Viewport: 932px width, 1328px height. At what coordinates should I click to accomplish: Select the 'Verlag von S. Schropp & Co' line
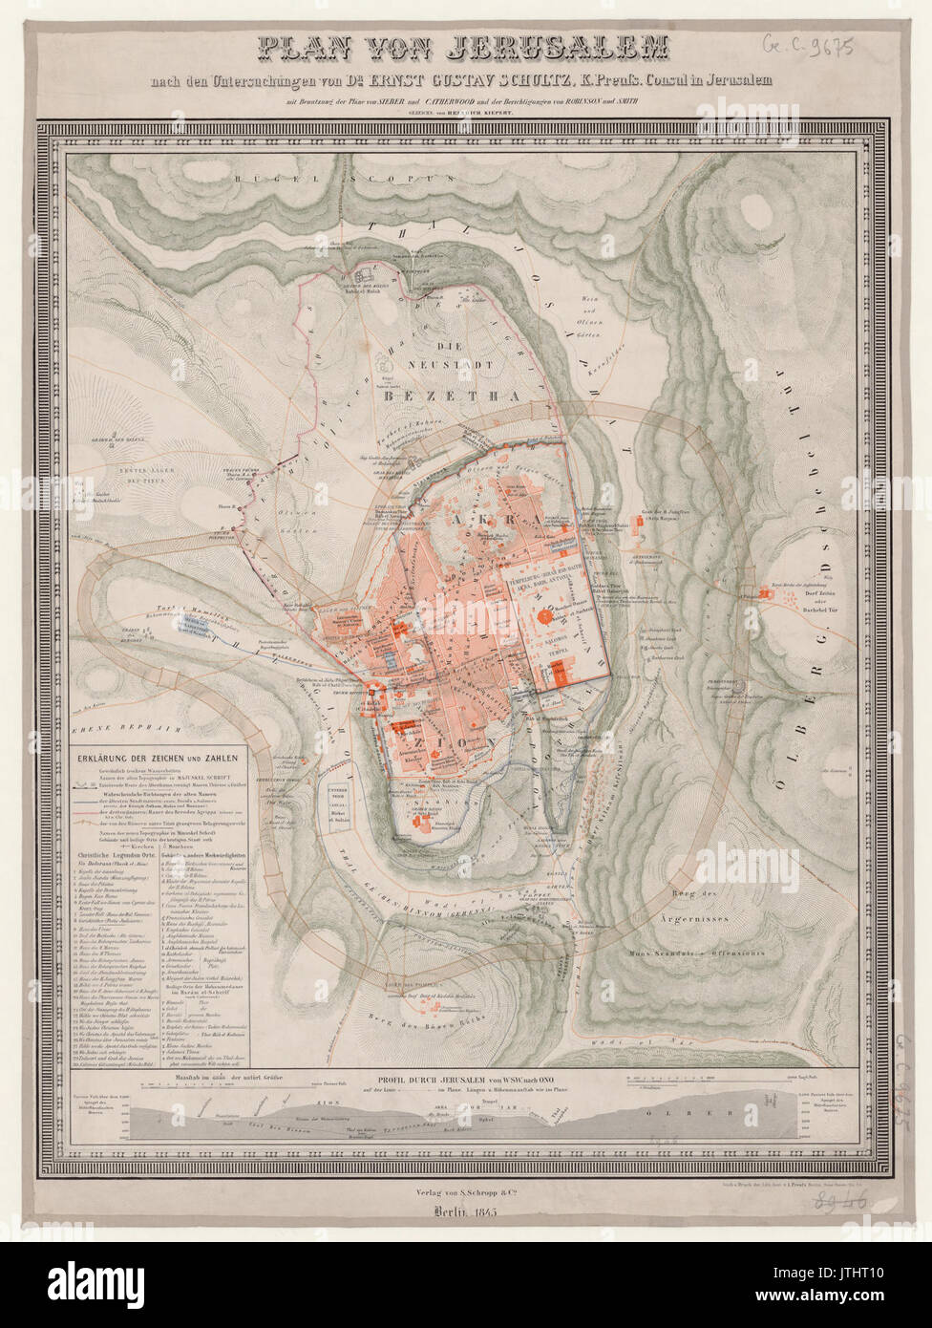point(464,1168)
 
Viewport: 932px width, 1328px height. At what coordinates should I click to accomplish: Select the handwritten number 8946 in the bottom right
point(826,1200)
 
